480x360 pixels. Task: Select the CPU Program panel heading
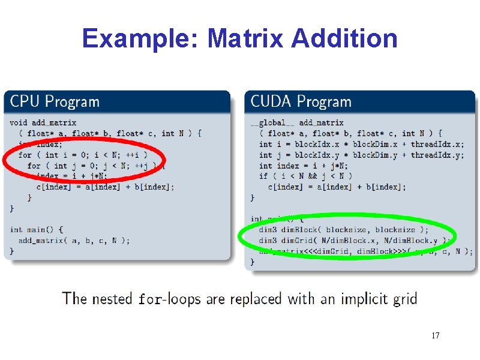click(x=55, y=101)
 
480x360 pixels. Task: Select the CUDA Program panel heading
click(x=301, y=101)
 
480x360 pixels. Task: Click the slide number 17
click(x=435, y=335)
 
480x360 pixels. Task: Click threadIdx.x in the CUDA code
click(x=437, y=144)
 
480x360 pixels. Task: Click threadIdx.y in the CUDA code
click(x=437, y=155)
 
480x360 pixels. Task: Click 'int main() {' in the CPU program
click(x=37, y=230)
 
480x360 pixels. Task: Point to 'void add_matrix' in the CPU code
click(x=43, y=122)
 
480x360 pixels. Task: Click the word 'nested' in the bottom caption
click(x=112, y=298)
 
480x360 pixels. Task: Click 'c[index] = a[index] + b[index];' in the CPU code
click(x=106, y=187)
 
